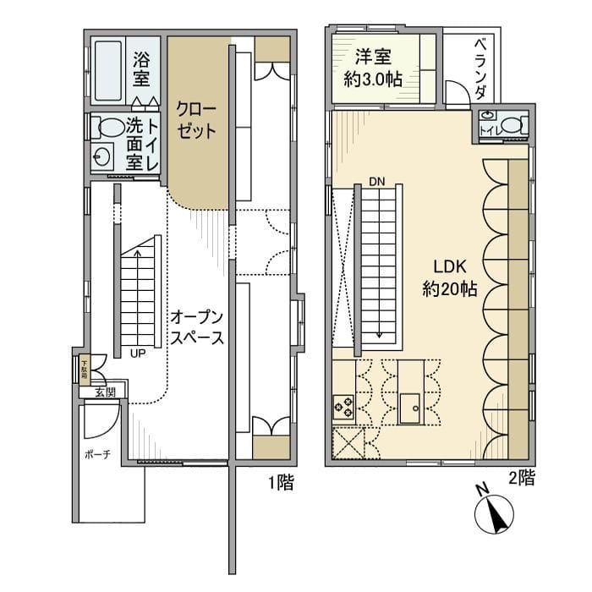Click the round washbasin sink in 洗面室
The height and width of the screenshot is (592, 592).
pyautogui.click(x=104, y=157)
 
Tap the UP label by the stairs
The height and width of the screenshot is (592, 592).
pyautogui.click(x=136, y=354)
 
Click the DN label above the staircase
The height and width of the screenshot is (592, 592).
pyautogui.click(x=375, y=180)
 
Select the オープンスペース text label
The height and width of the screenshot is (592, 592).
pyautogui.click(x=196, y=328)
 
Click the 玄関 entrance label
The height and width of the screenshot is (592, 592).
pyautogui.click(x=104, y=392)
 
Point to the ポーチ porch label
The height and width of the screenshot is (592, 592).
pyautogui.click(x=97, y=454)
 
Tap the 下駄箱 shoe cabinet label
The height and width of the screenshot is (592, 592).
pyautogui.click(x=85, y=369)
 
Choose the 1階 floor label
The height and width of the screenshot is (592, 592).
pyautogui.click(x=280, y=485)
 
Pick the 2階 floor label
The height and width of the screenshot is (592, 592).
pyautogui.click(x=521, y=478)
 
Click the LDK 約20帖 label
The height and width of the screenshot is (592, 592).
pyautogui.click(x=449, y=277)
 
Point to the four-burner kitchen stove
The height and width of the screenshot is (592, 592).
pyautogui.click(x=345, y=407)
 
